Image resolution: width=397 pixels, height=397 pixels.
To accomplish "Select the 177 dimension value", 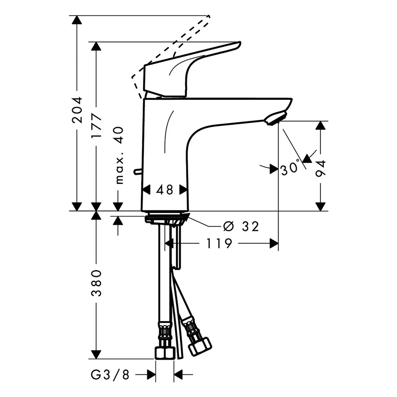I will coord(96,126).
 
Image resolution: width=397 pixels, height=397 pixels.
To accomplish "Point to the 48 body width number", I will coord(164,190).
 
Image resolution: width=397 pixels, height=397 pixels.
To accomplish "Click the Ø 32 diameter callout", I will coord(241,226).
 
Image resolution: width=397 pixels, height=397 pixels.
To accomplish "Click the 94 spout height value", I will coord(321,169).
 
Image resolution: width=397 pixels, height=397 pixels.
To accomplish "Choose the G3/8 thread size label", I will coord(110,375).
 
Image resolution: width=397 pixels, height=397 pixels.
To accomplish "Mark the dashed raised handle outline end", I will coord(208,17).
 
